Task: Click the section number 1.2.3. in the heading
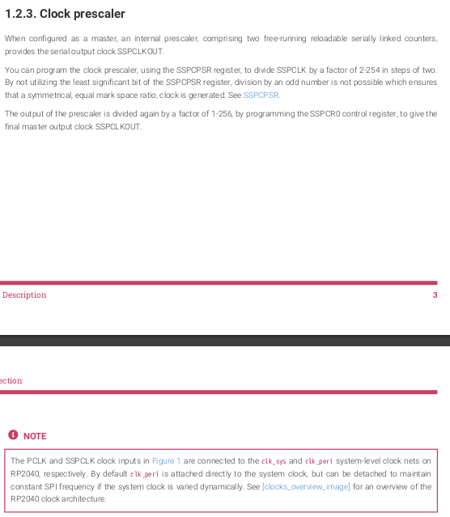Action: tap(19, 14)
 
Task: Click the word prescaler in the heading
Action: tap(96, 14)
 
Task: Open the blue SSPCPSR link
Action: tap(261, 95)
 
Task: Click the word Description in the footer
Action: tap(24, 295)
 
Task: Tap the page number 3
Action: tap(435, 295)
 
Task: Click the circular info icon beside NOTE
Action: tap(13, 436)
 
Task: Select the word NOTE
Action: tap(35, 436)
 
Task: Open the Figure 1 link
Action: tap(167, 460)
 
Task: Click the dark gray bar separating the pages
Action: tap(225, 341)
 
